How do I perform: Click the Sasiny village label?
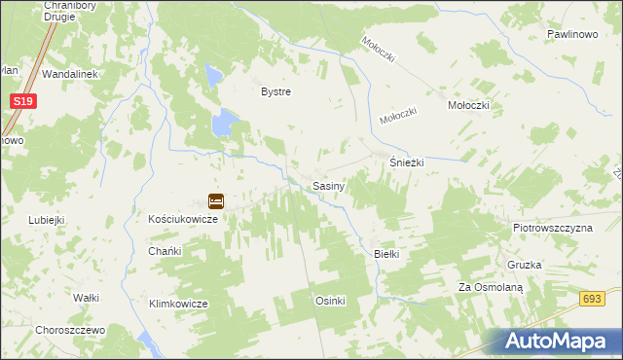pos(327,185)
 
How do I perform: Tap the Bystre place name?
pos(275,92)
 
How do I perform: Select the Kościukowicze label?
pos(183,220)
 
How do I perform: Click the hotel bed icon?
pos(216,201)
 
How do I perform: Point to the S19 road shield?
pos(25,100)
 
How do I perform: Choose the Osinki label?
pos(330,301)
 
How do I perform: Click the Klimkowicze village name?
pos(178,304)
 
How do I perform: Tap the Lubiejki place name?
pos(46,220)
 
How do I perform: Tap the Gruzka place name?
pos(524,265)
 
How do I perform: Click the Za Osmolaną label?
pos(491,288)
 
